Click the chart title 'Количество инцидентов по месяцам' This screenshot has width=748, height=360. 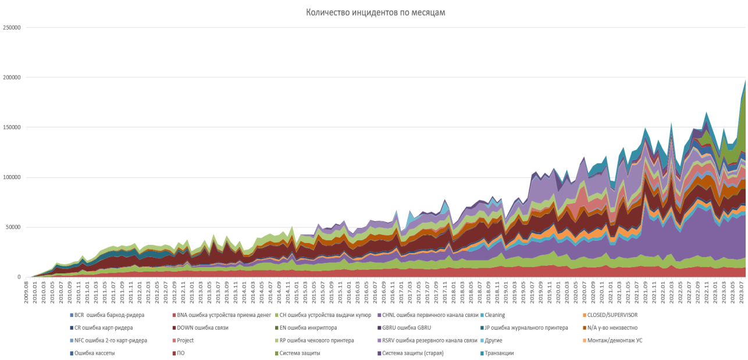pyautogui.click(x=375, y=12)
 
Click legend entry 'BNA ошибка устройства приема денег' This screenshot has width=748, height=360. pyautogui.click(x=223, y=315)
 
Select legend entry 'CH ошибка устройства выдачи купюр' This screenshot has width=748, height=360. pyautogui.click(x=325, y=315)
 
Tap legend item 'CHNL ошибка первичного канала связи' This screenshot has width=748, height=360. pyautogui.click(x=430, y=315)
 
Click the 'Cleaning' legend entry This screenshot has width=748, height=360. pyautogui.click(x=495, y=315)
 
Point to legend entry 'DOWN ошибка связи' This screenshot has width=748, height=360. pyautogui.click(x=202, y=328)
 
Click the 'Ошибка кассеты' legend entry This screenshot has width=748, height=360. pyautogui.click(x=95, y=354)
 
